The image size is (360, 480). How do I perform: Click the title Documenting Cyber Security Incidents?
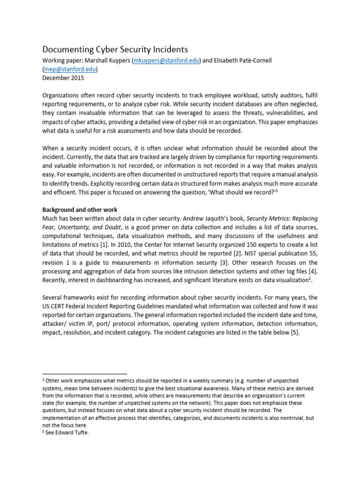click(115, 49)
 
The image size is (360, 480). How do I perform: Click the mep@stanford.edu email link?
click(70, 69)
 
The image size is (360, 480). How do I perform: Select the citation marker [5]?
click(292, 333)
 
